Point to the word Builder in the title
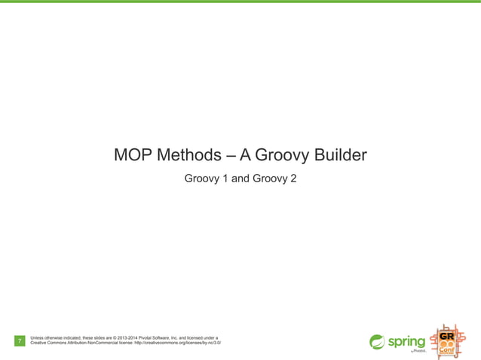point(339,156)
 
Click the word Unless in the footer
point(38,338)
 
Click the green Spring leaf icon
point(377,342)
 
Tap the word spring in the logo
point(406,342)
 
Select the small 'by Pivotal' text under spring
point(418,352)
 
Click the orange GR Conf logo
point(446,342)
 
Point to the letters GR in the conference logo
point(447,334)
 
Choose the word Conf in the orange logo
point(447,349)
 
